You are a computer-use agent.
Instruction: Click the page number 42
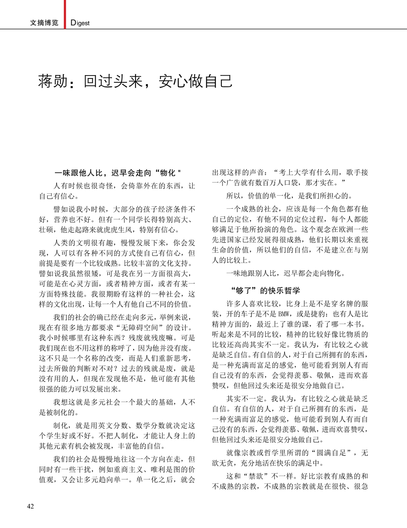[31, 506]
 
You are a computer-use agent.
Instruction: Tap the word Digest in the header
[80, 23]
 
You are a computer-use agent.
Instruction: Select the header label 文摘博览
[44, 23]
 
